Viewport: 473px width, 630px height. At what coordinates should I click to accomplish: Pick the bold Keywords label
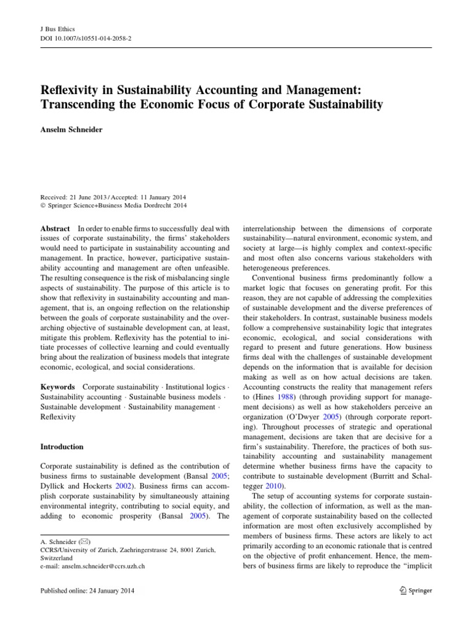coord(59,387)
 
